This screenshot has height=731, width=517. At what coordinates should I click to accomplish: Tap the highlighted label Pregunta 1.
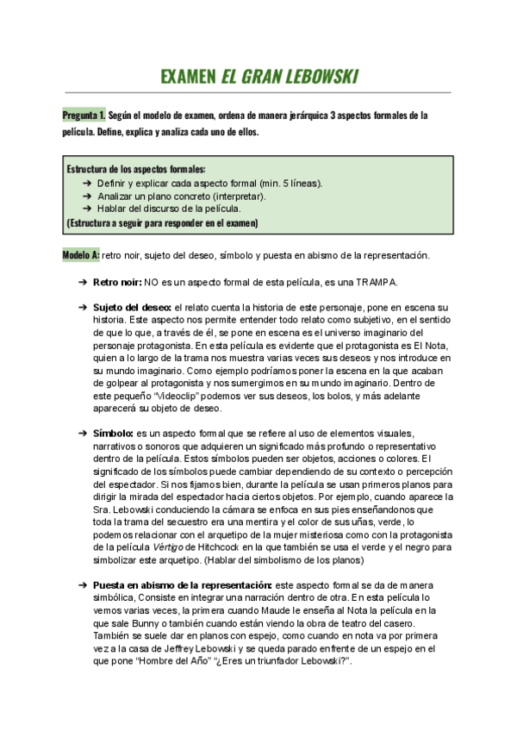click(84, 115)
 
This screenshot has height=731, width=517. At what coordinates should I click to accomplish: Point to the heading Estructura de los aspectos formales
click(136, 170)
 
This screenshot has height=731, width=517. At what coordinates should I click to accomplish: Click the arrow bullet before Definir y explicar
click(88, 184)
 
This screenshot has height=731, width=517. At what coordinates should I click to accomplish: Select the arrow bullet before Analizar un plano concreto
click(88, 196)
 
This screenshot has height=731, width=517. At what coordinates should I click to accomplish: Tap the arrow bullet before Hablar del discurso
click(88, 209)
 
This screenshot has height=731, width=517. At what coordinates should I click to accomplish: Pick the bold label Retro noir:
click(116, 282)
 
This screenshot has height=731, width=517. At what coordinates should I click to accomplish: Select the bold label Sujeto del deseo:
click(132, 307)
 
